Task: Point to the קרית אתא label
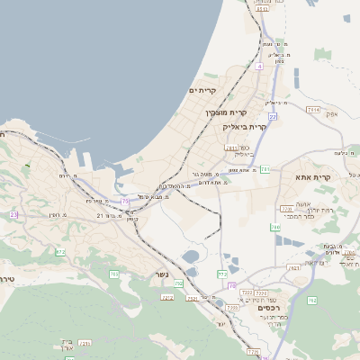313,177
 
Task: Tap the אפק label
331,113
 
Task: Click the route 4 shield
259,67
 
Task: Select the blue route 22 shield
271,116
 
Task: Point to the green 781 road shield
265,170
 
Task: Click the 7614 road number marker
313,109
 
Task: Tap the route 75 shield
125,200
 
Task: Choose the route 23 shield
13,215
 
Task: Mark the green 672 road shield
60,252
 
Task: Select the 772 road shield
222,274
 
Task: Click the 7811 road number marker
231,148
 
